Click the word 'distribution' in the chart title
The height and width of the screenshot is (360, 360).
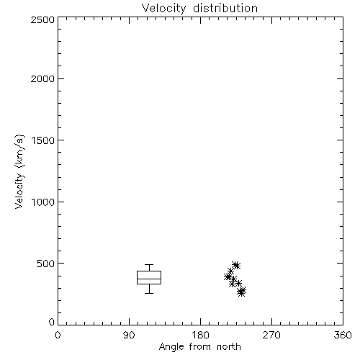click(225, 8)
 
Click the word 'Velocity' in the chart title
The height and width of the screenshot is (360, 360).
click(163, 9)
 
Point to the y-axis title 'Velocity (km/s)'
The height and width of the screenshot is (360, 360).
click(19, 172)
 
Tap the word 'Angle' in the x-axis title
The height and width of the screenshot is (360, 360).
click(171, 347)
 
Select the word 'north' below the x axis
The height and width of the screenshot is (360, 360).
click(229, 346)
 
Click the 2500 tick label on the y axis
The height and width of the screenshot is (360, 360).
click(42, 19)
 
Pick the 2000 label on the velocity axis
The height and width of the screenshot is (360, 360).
click(42, 78)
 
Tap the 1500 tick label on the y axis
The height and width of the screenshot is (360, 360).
click(43, 140)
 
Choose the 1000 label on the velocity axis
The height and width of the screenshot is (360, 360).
click(43, 202)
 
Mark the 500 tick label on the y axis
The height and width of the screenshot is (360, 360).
click(46, 264)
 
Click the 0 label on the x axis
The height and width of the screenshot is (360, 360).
click(58, 335)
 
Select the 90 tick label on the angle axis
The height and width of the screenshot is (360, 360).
click(129, 335)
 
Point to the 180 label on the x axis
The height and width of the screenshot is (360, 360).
click(200, 335)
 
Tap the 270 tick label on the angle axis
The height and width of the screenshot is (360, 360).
click(271, 335)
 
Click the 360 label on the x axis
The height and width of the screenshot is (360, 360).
click(343, 335)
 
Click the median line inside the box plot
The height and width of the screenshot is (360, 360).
click(149, 279)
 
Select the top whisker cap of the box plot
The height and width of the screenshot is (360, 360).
click(149, 265)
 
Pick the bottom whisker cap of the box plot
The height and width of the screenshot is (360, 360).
click(149, 293)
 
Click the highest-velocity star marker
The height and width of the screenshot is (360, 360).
click(236, 265)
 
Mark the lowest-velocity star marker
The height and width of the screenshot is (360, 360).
click(241, 292)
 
